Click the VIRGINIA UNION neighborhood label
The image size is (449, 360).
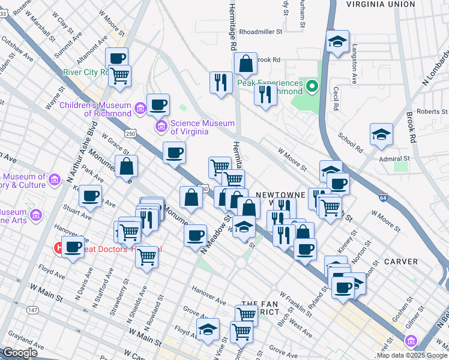381,4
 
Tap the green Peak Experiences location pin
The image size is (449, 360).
311,88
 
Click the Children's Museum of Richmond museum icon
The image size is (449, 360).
140,108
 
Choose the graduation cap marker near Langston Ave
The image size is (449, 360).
338,42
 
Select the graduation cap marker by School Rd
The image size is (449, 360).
381,135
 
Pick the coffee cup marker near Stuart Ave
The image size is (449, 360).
91,196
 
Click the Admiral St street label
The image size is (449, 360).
394,158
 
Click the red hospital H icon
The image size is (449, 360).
59,247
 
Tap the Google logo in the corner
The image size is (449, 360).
20,353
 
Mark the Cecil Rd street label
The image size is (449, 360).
335,100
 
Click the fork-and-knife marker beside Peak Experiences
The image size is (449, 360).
264,95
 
